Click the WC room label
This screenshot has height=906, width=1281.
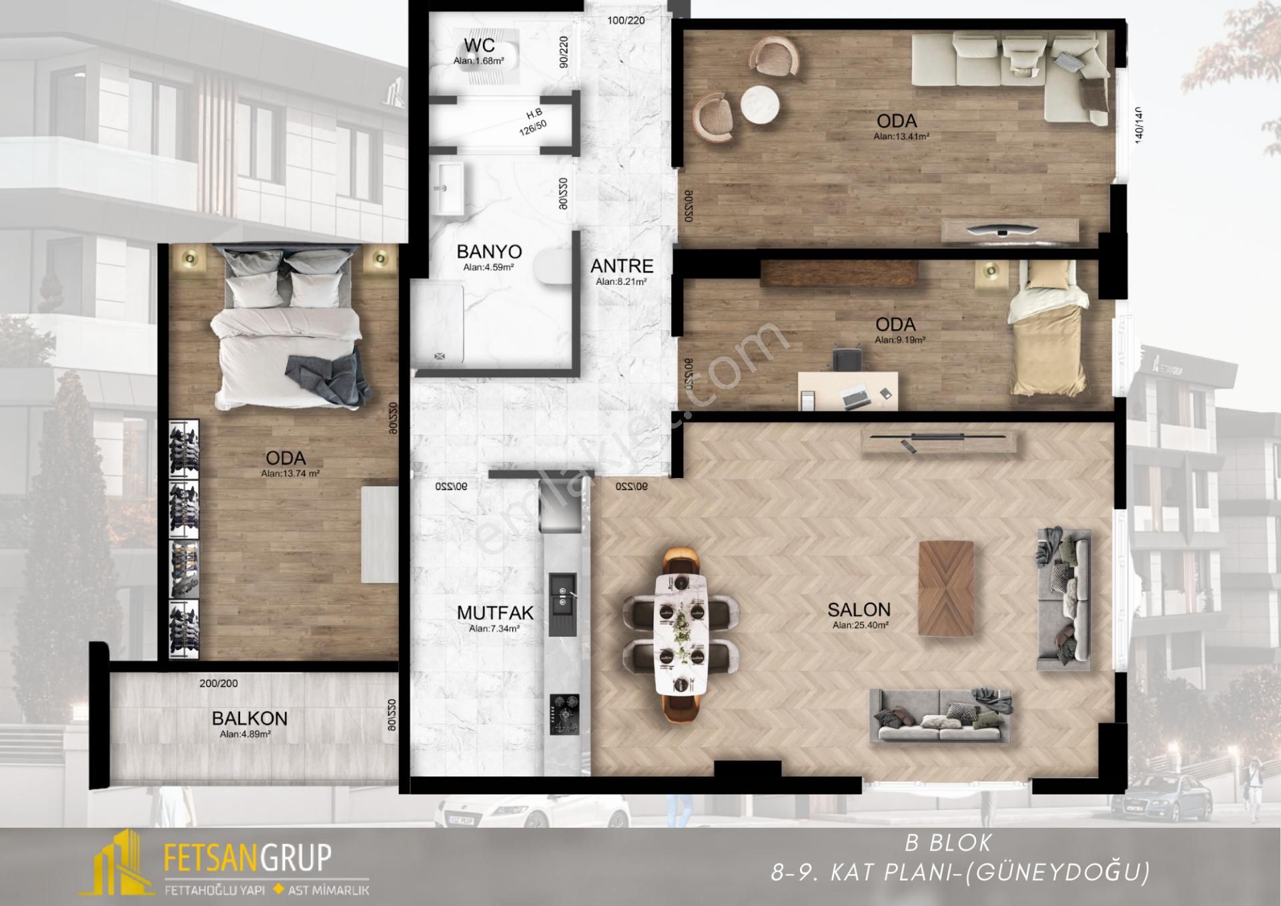click(479, 45)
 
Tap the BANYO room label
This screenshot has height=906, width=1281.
click(489, 252)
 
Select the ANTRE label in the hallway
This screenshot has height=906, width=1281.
click(621, 266)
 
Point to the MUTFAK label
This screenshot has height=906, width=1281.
click(495, 612)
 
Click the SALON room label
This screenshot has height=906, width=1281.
click(859, 610)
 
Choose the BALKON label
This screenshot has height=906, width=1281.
click(250, 718)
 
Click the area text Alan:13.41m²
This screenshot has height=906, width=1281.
click(901, 137)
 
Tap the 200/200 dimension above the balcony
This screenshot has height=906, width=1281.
click(218, 684)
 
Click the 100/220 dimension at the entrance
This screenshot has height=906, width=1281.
click(626, 21)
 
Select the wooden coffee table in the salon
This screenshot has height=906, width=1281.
click(945, 588)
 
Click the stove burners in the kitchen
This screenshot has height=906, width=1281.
click(564, 714)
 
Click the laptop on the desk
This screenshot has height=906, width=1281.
click(855, 398)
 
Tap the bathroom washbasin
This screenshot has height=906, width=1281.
click(448, 189)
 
